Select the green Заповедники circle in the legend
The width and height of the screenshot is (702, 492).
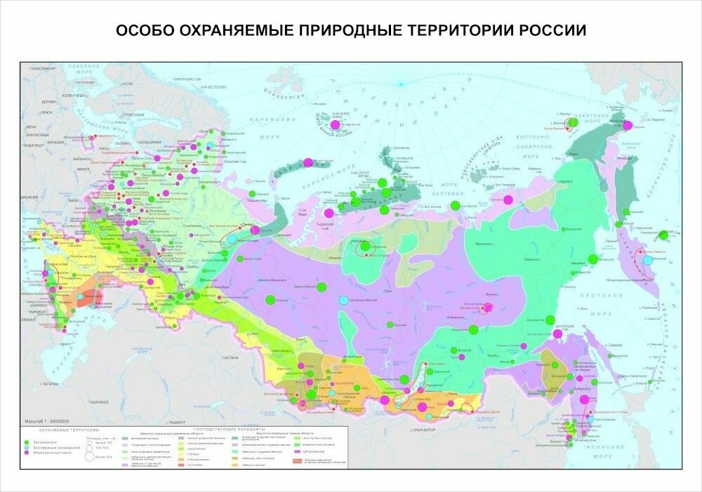pos(27,441)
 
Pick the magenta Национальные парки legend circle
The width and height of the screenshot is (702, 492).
pos(27,453)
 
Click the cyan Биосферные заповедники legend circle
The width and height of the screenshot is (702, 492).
pos(27,447)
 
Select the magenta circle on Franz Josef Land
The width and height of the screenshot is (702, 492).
pos(335,124)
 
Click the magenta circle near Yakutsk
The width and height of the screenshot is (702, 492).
pos(489,308)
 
